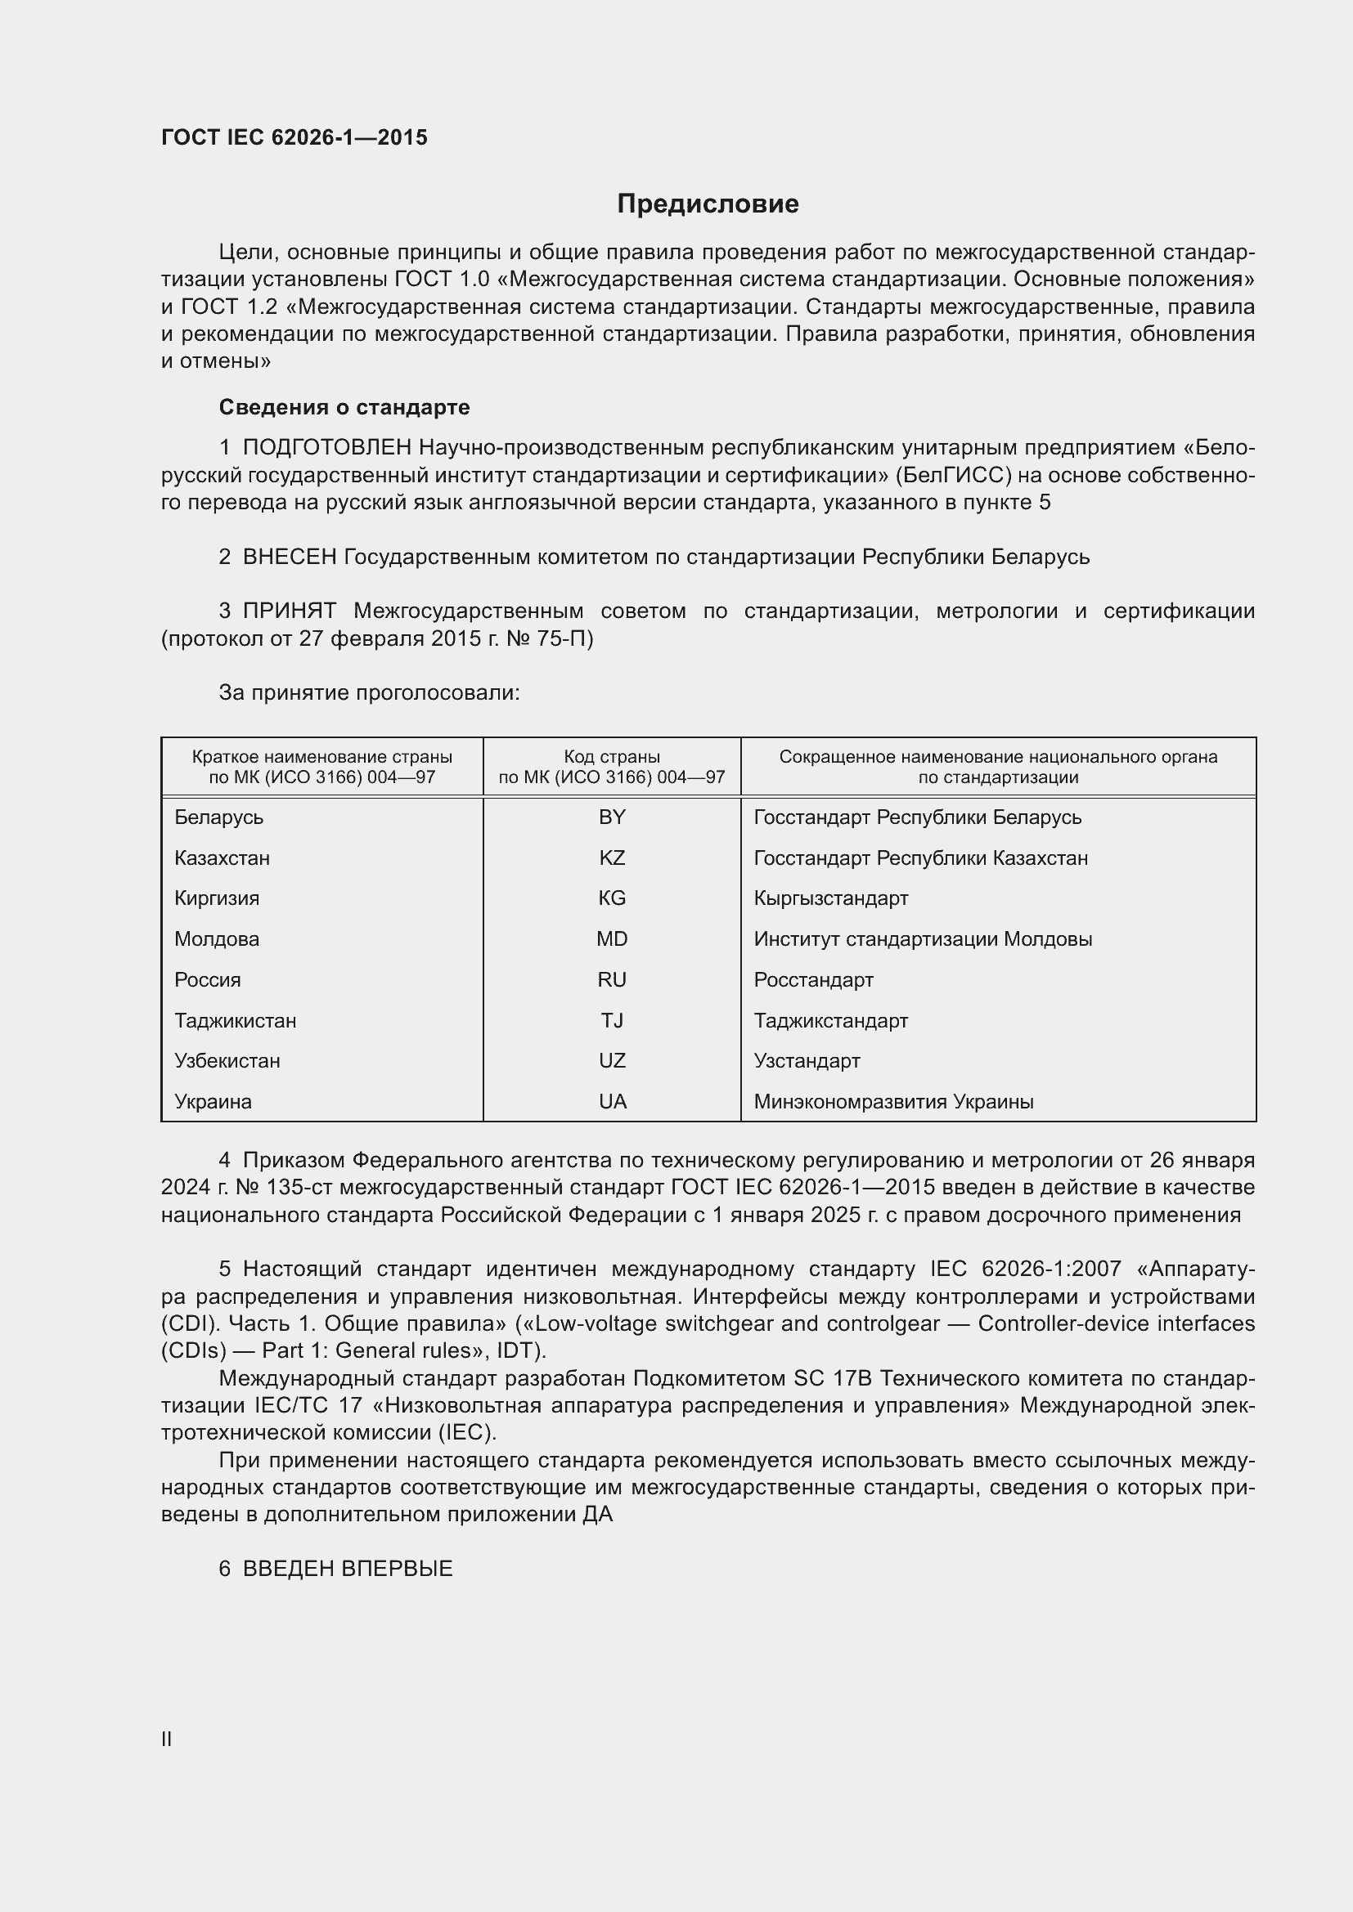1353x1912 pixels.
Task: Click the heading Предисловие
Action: point(708,204)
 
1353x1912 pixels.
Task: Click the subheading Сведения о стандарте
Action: point(344,407)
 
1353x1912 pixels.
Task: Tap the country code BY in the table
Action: point(612,817)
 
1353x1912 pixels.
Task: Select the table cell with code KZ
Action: point(612,858)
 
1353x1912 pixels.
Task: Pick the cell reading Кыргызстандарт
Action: point(830,898)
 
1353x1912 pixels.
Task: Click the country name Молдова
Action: point(217,939)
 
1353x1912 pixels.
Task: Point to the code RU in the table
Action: point(612,980)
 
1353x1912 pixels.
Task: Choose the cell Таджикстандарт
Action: point(830,1021)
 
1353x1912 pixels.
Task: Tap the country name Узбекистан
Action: point(227,1061)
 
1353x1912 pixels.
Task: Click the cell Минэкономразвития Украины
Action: point(893,1102)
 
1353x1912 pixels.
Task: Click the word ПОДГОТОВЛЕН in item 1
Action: point(326,448)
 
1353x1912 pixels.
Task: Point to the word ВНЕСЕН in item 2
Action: point(289,557)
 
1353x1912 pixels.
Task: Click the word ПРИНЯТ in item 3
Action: point(289,611)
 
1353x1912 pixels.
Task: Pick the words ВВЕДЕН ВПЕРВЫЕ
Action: point(348,1569)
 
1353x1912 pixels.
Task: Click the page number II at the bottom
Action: point(167,1739)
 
